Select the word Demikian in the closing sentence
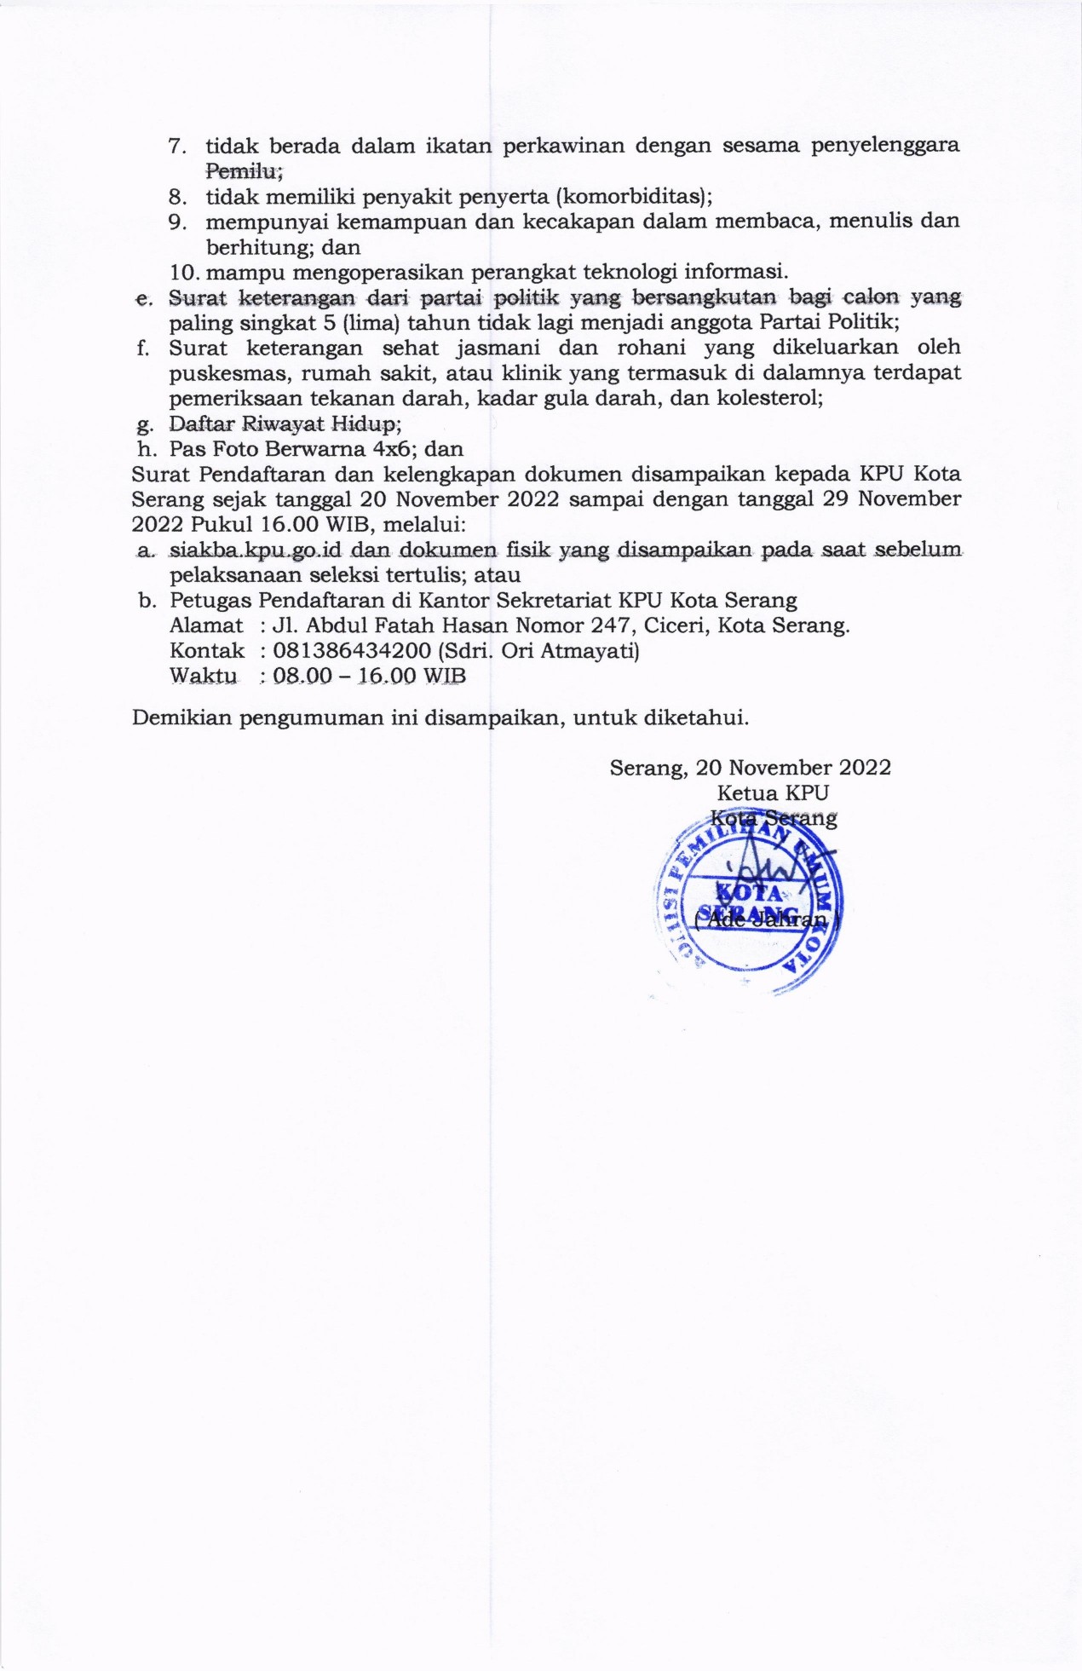point(181,717)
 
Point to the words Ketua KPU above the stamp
point(773,792)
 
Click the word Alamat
point(206,625)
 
